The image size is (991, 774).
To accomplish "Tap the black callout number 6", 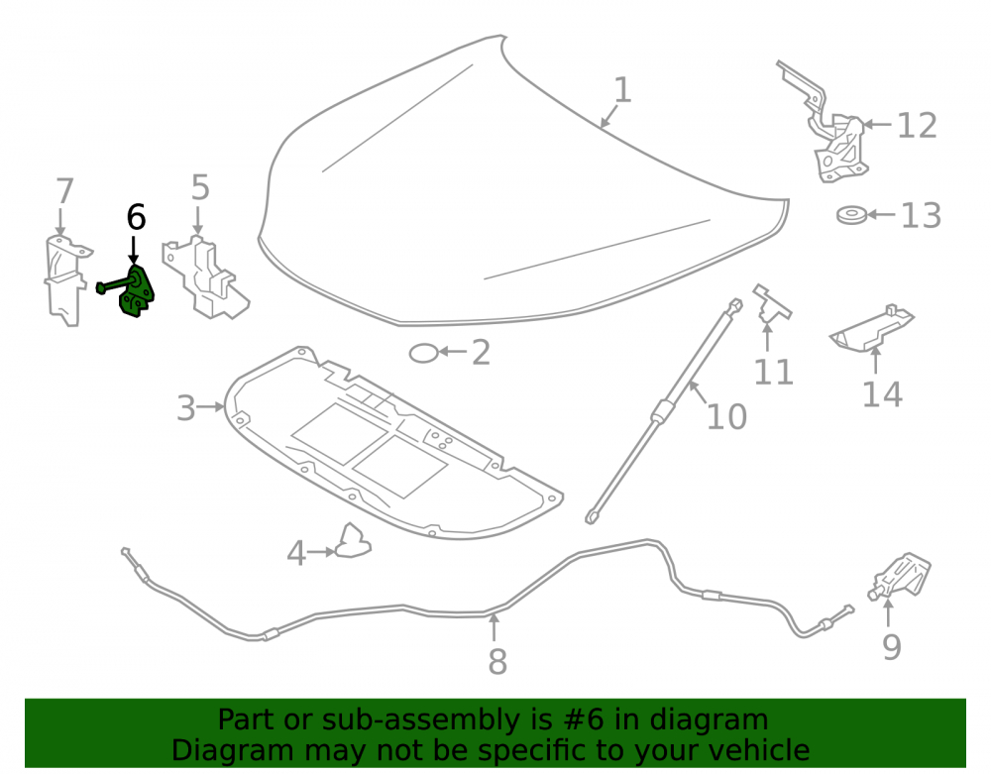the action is pyautogui.click(x=136, y=217).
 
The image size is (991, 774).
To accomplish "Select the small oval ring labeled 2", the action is pyautogui.click(x=423, y=353).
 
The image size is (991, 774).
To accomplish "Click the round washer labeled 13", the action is pyautogui.click(x=851, y=215).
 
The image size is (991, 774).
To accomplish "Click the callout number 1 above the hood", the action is pyautogui.click(x=622, y=90).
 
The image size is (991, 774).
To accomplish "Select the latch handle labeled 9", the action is pyautogui.click(x=901, y=576).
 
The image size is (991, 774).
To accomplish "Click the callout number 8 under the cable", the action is pyautogui.click(x=497, y=662).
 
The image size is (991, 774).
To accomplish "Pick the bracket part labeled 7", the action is pyautogui.click(x=65, y=281).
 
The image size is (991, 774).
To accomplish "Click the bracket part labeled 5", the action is pyautogui.click(x=204, y=278).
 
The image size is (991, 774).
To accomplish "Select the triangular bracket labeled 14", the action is pyautogui.click(x=872, y=329).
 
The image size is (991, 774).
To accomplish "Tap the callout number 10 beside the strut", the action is pyautogui.click(x=726, y=416).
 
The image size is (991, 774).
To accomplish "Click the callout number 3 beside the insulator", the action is pyautogui.click(x=186, y=408).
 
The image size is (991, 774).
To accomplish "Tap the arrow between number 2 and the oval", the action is pyautogui.click(x=453, y=352).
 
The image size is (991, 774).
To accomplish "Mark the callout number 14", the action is pyautogui.click(x=882, y=394).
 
